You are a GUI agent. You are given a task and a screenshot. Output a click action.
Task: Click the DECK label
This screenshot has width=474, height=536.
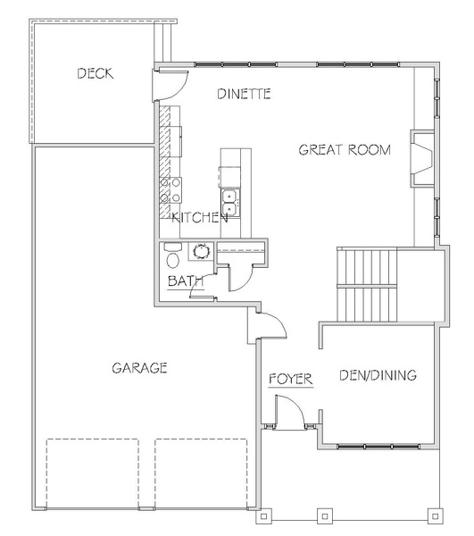coord(96,73)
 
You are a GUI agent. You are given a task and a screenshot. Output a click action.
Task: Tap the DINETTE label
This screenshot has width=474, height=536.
coord(245,94)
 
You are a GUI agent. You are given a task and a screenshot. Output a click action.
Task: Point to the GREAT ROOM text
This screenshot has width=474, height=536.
coord(345,150)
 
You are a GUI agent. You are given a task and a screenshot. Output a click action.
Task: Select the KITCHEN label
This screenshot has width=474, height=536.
coord(200,217)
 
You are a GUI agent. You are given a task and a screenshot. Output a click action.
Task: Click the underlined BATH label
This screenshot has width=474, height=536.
coord(186,281)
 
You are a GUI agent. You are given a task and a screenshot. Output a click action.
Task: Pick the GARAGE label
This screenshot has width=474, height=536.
coord(139,368)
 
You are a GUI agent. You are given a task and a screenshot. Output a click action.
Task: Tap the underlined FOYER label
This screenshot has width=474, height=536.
coord(291,379)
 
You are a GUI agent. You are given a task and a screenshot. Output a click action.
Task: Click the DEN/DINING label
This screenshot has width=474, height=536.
coord(378,375)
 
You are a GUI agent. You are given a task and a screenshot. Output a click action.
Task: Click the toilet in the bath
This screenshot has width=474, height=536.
coord(173,255)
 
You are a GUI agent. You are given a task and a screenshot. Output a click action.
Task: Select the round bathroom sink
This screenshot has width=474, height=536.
coord(201,251)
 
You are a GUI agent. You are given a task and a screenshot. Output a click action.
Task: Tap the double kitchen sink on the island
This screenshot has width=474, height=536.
coord(230,203)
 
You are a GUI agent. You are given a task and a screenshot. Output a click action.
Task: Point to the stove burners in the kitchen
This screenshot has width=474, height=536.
coord(170,190)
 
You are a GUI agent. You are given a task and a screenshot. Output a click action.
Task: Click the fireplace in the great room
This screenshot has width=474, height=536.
coord(422,159)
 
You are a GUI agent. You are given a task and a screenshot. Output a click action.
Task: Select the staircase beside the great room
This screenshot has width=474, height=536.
coord(367,284)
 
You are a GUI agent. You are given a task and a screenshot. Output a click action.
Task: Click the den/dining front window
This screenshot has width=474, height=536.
coord(378,446)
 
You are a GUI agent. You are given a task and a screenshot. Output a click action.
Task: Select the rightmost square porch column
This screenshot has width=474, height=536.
coord(435,516)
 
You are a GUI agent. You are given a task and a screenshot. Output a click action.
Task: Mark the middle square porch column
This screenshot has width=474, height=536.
coord(325,516)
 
